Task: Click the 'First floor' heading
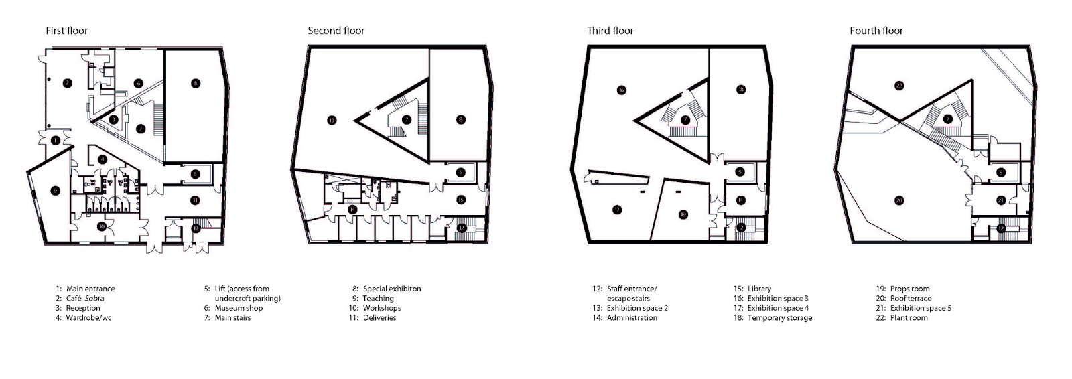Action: point(66,31)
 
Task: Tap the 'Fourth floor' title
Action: point(876,31)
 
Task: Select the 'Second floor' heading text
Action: point(336,31)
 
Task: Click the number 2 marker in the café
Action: point(67,83)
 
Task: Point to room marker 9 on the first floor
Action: point(56,190)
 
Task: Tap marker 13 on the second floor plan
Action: point(332,121)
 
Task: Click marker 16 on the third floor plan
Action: point(621,90)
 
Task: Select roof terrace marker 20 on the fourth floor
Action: point(899,200)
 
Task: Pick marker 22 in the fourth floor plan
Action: point(899,85)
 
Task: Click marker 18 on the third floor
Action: point(740,90)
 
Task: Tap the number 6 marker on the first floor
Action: point(138,83)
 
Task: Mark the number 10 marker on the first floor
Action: point(100,226)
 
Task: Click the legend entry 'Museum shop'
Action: point(239,308)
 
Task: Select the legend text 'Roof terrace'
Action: point(911,299)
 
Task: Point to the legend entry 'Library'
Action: point(759,289)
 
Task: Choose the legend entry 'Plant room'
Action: point(909,318)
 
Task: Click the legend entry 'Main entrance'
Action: point(90,289)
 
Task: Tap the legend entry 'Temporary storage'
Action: point(780,318)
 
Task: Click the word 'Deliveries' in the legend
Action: point(379,318)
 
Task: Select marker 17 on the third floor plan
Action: point(617,210)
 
